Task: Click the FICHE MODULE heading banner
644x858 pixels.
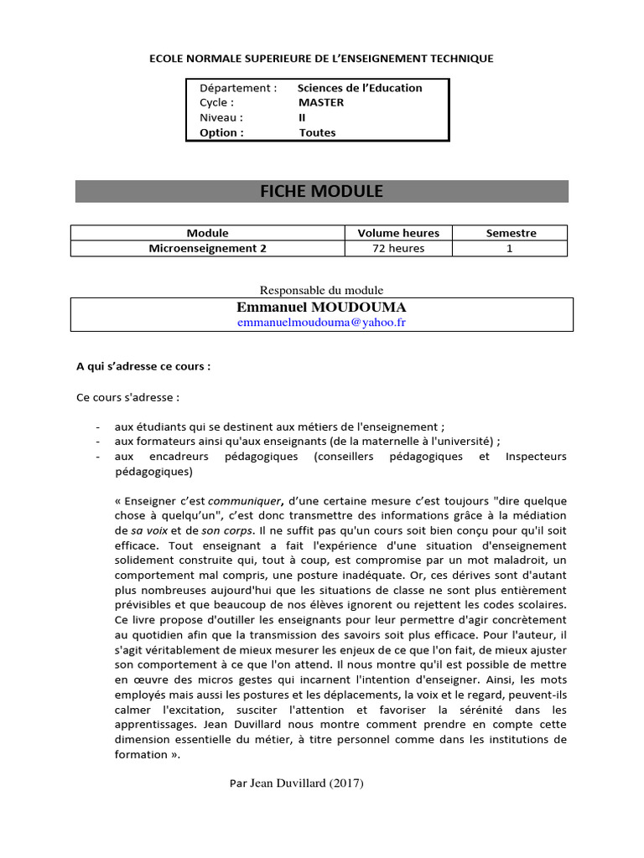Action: pyautogui.click(x=321, y=191)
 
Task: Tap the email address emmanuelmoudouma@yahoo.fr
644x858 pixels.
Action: pyautogui.click(x=321, y=323)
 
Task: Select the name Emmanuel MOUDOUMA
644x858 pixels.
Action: pyautogui.click(x=321, y=308)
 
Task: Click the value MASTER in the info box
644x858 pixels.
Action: pyautogui.click(x=321, y=102)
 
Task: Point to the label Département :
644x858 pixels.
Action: pyautogui.click(x=238, y=88)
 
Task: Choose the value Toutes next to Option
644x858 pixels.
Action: pyautogui.click(x=317, y=132)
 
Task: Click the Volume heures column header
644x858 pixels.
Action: pyautogui.click(x=398, y=233)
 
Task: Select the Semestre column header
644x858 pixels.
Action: pyautogui.click(x=511, y=233)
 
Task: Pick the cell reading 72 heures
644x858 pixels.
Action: pyautogui.click(x=398, y=248)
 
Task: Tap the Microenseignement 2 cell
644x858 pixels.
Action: pyautogui.click(x=207, y=248)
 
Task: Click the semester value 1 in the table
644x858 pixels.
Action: pyautogui.click(x=510, y=248)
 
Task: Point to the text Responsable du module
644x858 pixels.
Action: pyautogui.click(x=321, y=290)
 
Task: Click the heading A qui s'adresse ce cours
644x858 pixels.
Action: pyautogui.click(x=143, y=366)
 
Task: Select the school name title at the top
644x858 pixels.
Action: pyautogui.click(x=321, y=59)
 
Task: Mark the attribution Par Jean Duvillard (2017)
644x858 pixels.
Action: pyautogui.click(x=296, y=783)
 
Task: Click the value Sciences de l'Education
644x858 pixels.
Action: pyautogui.click(x=360, y=88)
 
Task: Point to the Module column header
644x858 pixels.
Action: pyautogui.click(x=207, y=233)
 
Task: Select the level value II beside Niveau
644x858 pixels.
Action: pyautogui.click(x=302, y=117)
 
